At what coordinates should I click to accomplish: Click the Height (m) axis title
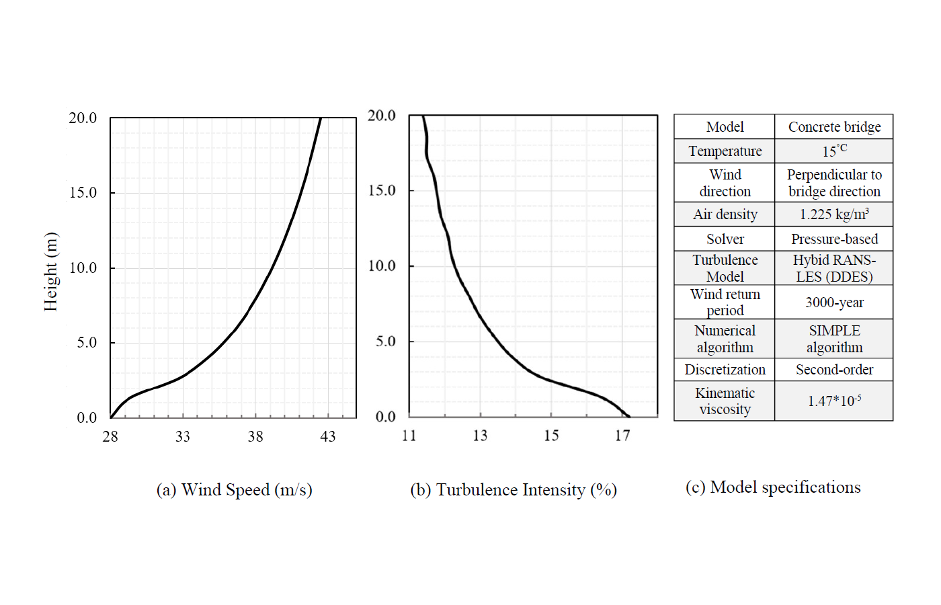point(51,272)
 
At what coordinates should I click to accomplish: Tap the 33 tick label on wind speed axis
point(183,437)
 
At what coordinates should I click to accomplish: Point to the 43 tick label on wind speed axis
point(327,437)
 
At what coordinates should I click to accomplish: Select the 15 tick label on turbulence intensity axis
point(551,436)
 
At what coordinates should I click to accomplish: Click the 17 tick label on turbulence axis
point(622,436)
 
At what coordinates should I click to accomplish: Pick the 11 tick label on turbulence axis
point(409,436)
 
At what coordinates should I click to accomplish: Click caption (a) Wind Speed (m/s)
point(234,490)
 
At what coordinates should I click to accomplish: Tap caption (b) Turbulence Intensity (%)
point(514,490)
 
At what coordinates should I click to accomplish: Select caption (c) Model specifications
point(773,487)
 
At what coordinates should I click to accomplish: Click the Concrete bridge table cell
point(834,127)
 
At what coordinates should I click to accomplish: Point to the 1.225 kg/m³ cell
point(834,214)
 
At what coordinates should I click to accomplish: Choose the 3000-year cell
point(834,302)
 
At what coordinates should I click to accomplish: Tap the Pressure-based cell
point(834,239)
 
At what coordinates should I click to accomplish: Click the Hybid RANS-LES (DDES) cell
point(834,268)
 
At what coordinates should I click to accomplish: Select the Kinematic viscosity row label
point(725,401)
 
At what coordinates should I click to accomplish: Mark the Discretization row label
point(725,370)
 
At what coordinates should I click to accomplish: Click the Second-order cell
point(834,370)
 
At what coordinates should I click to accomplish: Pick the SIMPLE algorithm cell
point(834,339)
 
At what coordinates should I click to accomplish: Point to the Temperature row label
point(725,151)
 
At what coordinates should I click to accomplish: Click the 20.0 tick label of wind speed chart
point(83,118)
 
